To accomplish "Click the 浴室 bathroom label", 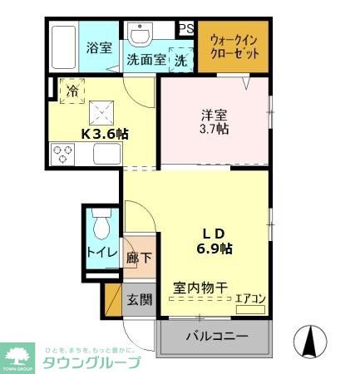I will (x=99, y=47).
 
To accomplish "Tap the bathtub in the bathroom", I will (x=63, y=48).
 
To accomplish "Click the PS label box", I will (x=186, y=29).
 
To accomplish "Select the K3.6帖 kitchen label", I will (x=104, y=133).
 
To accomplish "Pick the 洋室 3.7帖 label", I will (x=214, y=122).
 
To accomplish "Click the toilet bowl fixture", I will (x=101, y=225).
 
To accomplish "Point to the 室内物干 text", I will (x=200, y=288).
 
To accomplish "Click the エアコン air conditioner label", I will (x=249, y=297).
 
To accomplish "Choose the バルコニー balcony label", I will (x=216, y=337).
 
